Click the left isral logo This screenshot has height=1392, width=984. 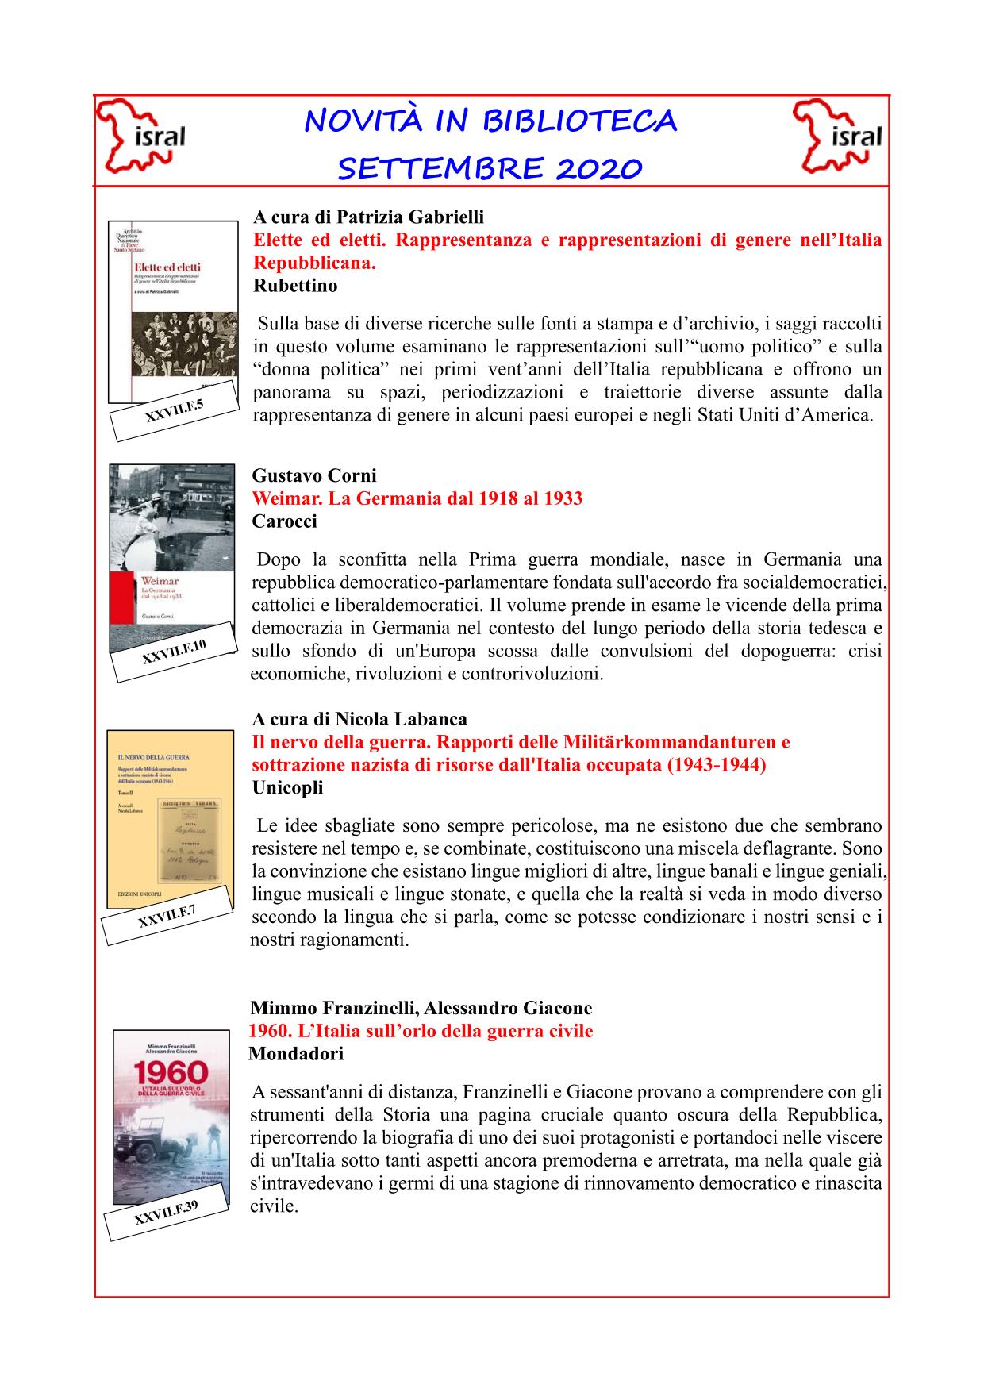141,137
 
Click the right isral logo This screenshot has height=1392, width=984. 839,137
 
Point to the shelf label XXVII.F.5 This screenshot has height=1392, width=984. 174,410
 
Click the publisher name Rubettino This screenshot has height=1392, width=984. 295,286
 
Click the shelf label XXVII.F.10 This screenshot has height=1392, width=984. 174,652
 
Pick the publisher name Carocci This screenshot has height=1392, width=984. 284,521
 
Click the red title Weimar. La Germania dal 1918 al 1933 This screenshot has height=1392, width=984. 417,498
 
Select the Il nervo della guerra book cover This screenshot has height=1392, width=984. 169,817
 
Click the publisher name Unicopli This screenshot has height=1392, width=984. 287,788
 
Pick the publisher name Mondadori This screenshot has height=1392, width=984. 296,1054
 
